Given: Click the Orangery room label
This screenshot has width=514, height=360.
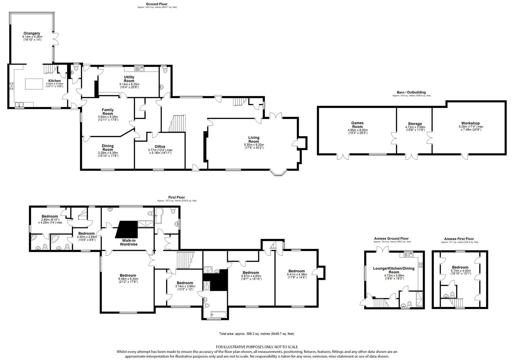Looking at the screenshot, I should pos(32,33).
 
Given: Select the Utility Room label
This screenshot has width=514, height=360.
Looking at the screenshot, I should pos(129,79).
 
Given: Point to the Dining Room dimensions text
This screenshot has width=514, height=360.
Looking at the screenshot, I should pos(108,154).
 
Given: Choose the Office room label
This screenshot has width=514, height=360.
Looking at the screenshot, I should pos(160,147).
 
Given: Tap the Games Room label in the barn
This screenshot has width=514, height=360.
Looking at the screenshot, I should pos(357,125).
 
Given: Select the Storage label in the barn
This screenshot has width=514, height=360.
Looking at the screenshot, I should pos(415,124).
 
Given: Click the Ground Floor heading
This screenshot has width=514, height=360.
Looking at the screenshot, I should pos(157,4).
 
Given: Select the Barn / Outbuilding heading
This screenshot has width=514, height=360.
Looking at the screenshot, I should pos(411,92).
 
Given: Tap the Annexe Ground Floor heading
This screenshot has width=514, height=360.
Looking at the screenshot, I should pos(391,239).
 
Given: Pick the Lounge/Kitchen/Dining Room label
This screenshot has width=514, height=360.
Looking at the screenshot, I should pos(394,270).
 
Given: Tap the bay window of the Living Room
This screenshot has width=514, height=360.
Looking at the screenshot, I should pos(278,173).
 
